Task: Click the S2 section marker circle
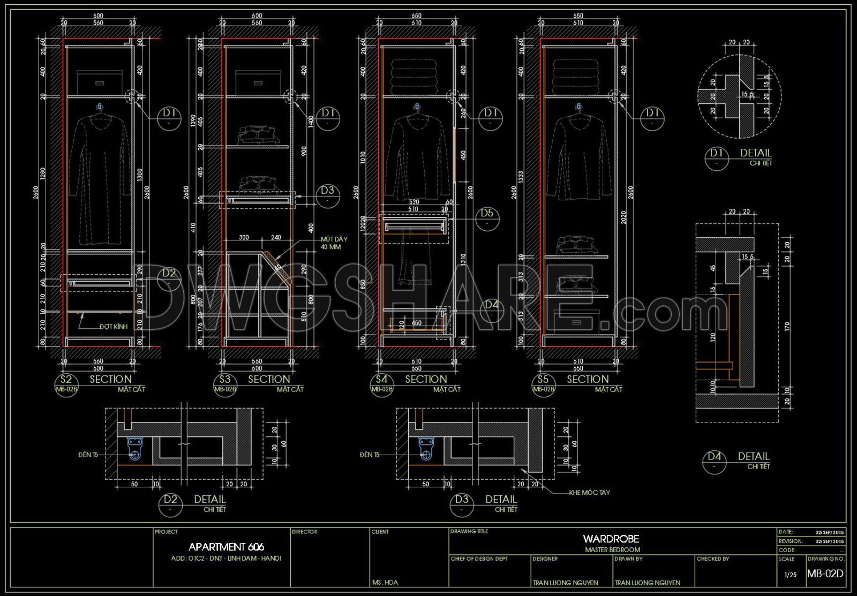(x=66, y=384)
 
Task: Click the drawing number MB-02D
(x=825, y=574)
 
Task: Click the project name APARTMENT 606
(x=226, y=547)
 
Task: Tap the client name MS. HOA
(x=385, y=582)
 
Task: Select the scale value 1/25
(x=790, y=575)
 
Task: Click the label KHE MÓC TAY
(x=589, y=493)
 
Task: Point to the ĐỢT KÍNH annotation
(x=113, y=327)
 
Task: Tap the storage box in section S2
(x=99, y=82)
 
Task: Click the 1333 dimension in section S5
(x=521, y=176)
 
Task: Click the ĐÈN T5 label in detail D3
(x=370, y=455)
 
